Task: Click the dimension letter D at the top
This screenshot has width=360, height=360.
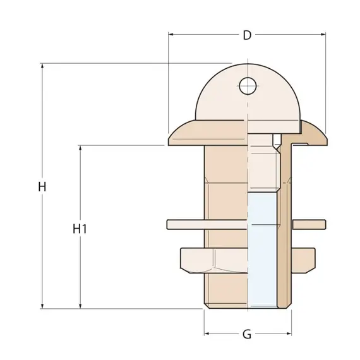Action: [247, 35]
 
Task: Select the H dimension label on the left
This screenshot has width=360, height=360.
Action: [42, 187]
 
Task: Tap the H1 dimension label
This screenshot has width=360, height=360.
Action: [80, 229]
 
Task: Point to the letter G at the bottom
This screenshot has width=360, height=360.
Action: [247, 334]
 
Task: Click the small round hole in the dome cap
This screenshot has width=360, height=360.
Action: [247, 85]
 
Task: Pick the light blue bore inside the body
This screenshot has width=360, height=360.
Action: [262, 249]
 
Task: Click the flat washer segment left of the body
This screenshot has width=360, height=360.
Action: [186, 224]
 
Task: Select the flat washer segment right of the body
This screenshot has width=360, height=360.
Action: [309, 224]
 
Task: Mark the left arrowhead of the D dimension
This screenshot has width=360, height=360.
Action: [171, 35]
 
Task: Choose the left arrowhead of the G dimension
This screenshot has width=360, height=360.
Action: [207, 334]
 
